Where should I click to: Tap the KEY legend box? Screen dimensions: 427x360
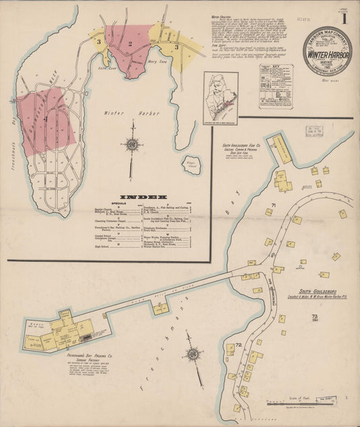coord(276,86)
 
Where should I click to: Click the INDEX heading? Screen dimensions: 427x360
coord(143,198)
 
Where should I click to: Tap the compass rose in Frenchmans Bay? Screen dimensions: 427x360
coord(194,354)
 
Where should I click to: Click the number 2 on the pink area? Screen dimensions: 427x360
coord(128,43)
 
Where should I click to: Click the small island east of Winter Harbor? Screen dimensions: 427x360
coord(192,164)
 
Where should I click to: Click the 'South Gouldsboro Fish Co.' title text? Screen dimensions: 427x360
coord(242,145)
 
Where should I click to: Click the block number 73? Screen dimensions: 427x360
coord(315,317)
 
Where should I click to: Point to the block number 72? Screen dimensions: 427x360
coord(239,345)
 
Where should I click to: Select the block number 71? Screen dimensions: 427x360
coord(274,205)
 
